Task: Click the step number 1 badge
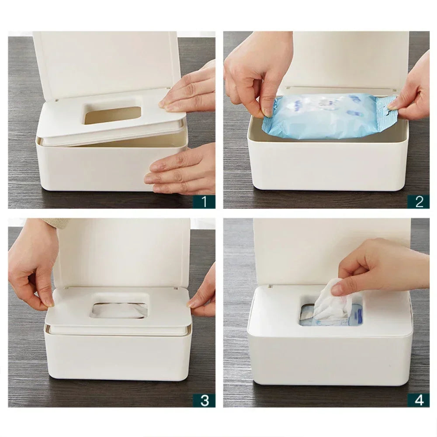204,201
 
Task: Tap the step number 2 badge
419,201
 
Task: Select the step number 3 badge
204,400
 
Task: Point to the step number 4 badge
419,400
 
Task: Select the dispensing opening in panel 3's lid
119,309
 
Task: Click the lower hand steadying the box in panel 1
184,170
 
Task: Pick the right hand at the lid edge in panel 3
203,293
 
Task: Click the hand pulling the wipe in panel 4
380,267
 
